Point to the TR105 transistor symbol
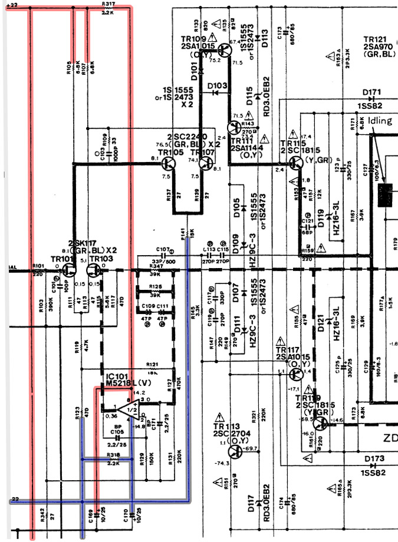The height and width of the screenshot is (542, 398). [x=168, y=166]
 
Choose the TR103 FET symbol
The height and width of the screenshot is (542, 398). [x=94, y=270]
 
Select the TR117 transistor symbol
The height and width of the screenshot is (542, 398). [x=297, y=374]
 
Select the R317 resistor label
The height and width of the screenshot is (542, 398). [x=107, y=5]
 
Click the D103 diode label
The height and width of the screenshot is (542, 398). [x=218, y=86]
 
